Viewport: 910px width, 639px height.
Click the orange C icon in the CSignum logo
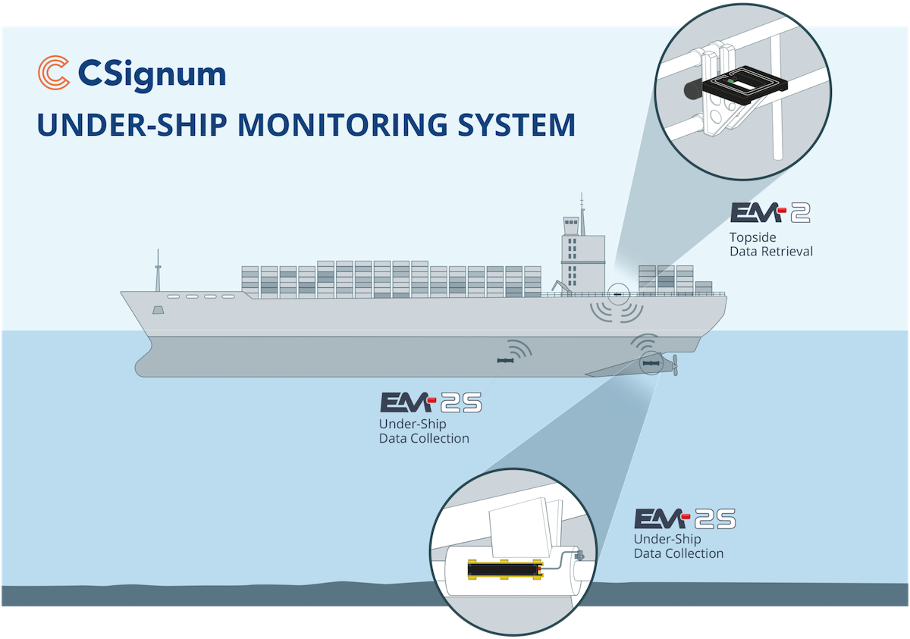pyautogui.click(x=53, y=74)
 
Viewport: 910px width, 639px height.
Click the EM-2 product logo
pyautogui.click(x=770, y=212)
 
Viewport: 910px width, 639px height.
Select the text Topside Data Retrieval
pyautogui.click(x=770, y=243)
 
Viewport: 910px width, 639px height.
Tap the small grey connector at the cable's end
pyautogui.click(x=580, y=556)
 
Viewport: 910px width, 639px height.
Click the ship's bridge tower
pyautogui.click(x=582, y=254)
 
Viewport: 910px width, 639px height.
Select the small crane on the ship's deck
pyautogui.click(x=559, y=287)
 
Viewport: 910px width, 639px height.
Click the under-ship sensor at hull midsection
pyautogui.click(x=504, y=362)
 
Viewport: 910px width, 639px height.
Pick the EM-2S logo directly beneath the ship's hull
pyautogui.click(x=430, y=403)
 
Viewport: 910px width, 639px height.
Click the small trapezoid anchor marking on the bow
pyautogui.click(x=158, y=311)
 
